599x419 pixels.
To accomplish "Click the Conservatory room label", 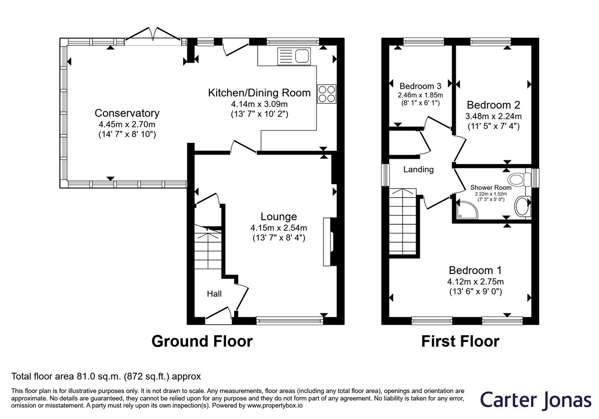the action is pyautogui.click(x=127, y=113).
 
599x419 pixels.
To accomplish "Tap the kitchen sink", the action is pyautogui.click(x=294, y=56).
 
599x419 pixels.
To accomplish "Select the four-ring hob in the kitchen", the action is pyautogui.click(x=327, y=94).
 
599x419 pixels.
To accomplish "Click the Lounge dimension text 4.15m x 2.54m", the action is pyautogui.click(x=279, y=228).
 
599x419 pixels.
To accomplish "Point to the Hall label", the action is pyautogui.click(x=214, y=294).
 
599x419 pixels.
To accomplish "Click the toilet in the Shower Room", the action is pyautogui.click(x=520, y=179).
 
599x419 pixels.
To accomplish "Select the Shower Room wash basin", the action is pyautogui.click(x=522, y=206).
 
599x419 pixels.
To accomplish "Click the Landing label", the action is pyautogui.click(x=418, y=169).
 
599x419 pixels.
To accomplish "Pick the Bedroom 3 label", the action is pyautogui.click(x=420, y=86).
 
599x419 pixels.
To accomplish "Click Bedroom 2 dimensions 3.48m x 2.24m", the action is pyautogui.click(x=493, y=116).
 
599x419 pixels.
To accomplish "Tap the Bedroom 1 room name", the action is pyautogui.click(x=475, y=270).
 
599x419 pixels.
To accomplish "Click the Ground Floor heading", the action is pyautogui.click(x=202, y=341).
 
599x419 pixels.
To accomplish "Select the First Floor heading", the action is pyautogui.click(x=460, y=341).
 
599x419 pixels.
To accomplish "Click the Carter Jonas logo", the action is pyautogui.click(x=536, y=400).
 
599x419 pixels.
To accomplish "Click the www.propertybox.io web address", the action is pyautogui.click(x=275, y=406).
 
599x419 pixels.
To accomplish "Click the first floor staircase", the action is pyautogui.click(x=402, y=222).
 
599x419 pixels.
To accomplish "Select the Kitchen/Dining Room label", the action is pyautogui.click(x=260, y=93).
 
